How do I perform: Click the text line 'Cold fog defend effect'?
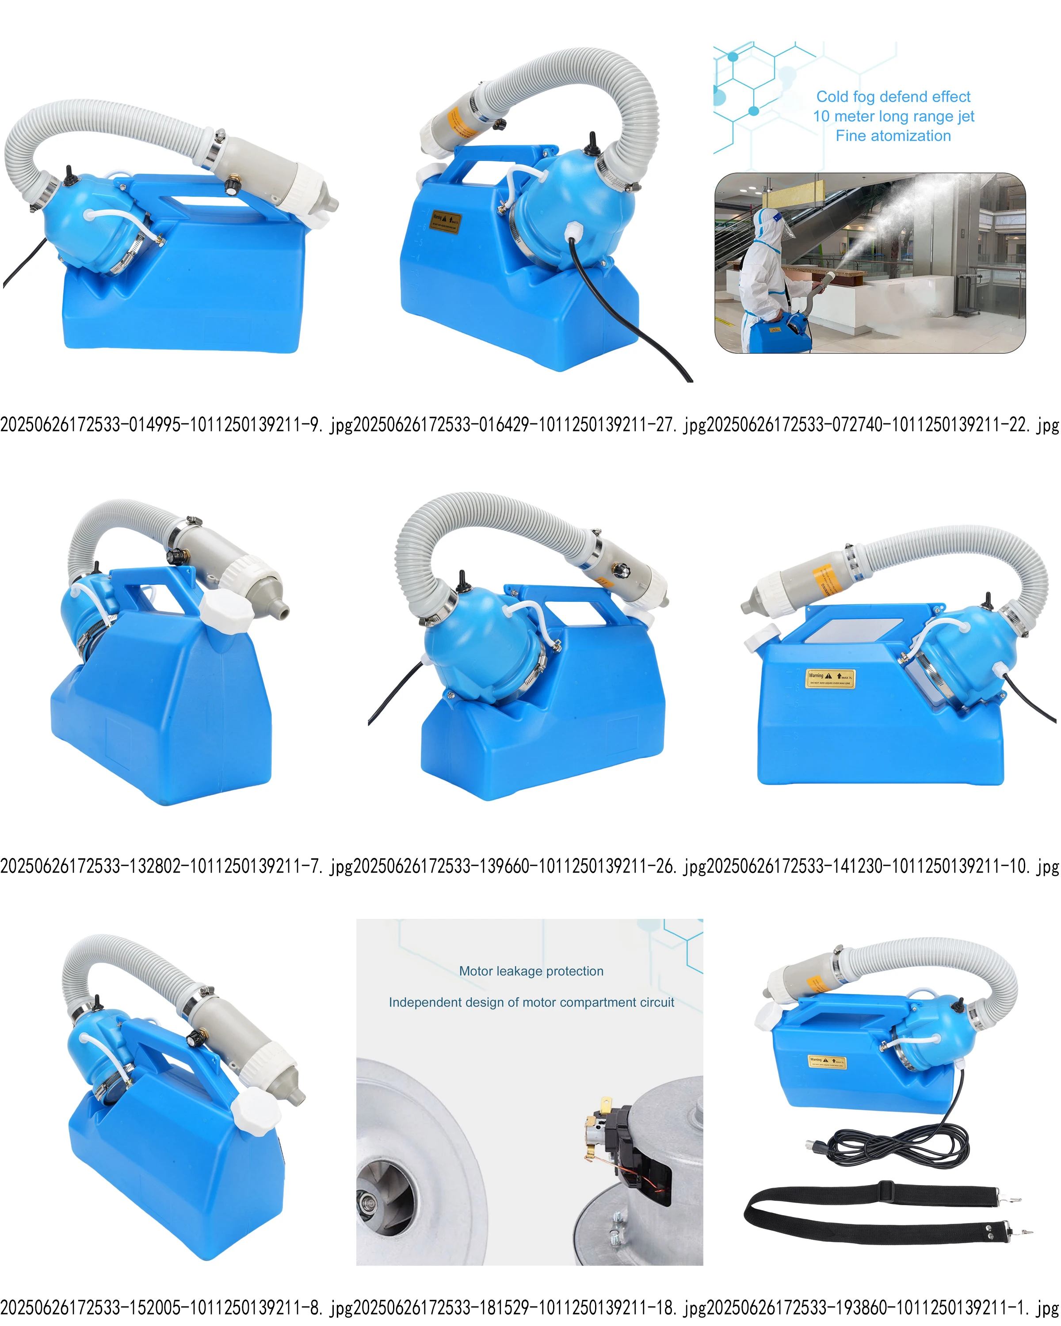click(893, 96)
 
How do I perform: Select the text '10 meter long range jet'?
click(893, 116)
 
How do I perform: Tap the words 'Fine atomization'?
click(893, 136)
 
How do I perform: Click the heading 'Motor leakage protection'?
click(531, 971)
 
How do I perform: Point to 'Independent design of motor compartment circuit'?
click(531, 1002)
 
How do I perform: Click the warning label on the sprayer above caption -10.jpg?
click(830, 678)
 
